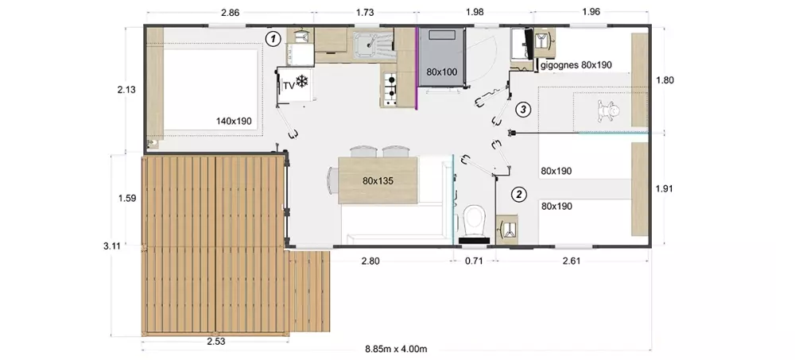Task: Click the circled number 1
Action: click(x=273, y=38)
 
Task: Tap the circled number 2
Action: click(x=518, y=194)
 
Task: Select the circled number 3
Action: click(x=523, y=109)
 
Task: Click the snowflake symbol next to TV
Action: click(x=302, y=81)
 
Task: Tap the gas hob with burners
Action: click(x=390, y=89)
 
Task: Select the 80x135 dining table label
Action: click(x=377, y=180)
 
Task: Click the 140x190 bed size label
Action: click(x=234, y=121)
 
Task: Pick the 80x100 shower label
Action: click(x=441, y=72)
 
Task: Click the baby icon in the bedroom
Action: click(x=608, y=111)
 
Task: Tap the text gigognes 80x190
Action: click(x=576, y=65)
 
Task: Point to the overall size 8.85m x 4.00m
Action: click(x=396, y=349)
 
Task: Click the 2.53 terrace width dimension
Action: click(x=216, y=341)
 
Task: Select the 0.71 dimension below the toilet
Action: click(x=474, y=261)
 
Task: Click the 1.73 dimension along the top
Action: click(x=365, y=12)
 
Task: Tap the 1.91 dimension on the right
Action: click(x=664, y=188)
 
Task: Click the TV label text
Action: click(x=289, y=86)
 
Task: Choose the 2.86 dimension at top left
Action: click(x=231, y=13)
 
